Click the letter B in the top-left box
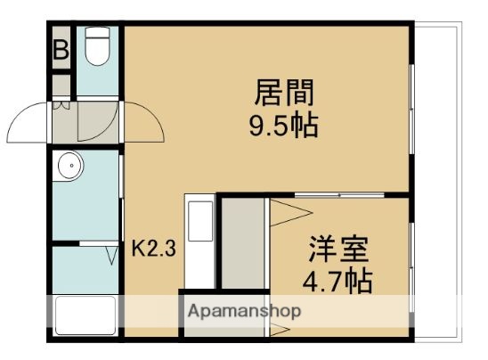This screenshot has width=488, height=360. tap(61, 50)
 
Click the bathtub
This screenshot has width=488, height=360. tap(85, 315)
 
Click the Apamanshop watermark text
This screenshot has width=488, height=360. tap(243, 311)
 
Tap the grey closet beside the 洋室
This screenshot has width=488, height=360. tap(241, 244)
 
